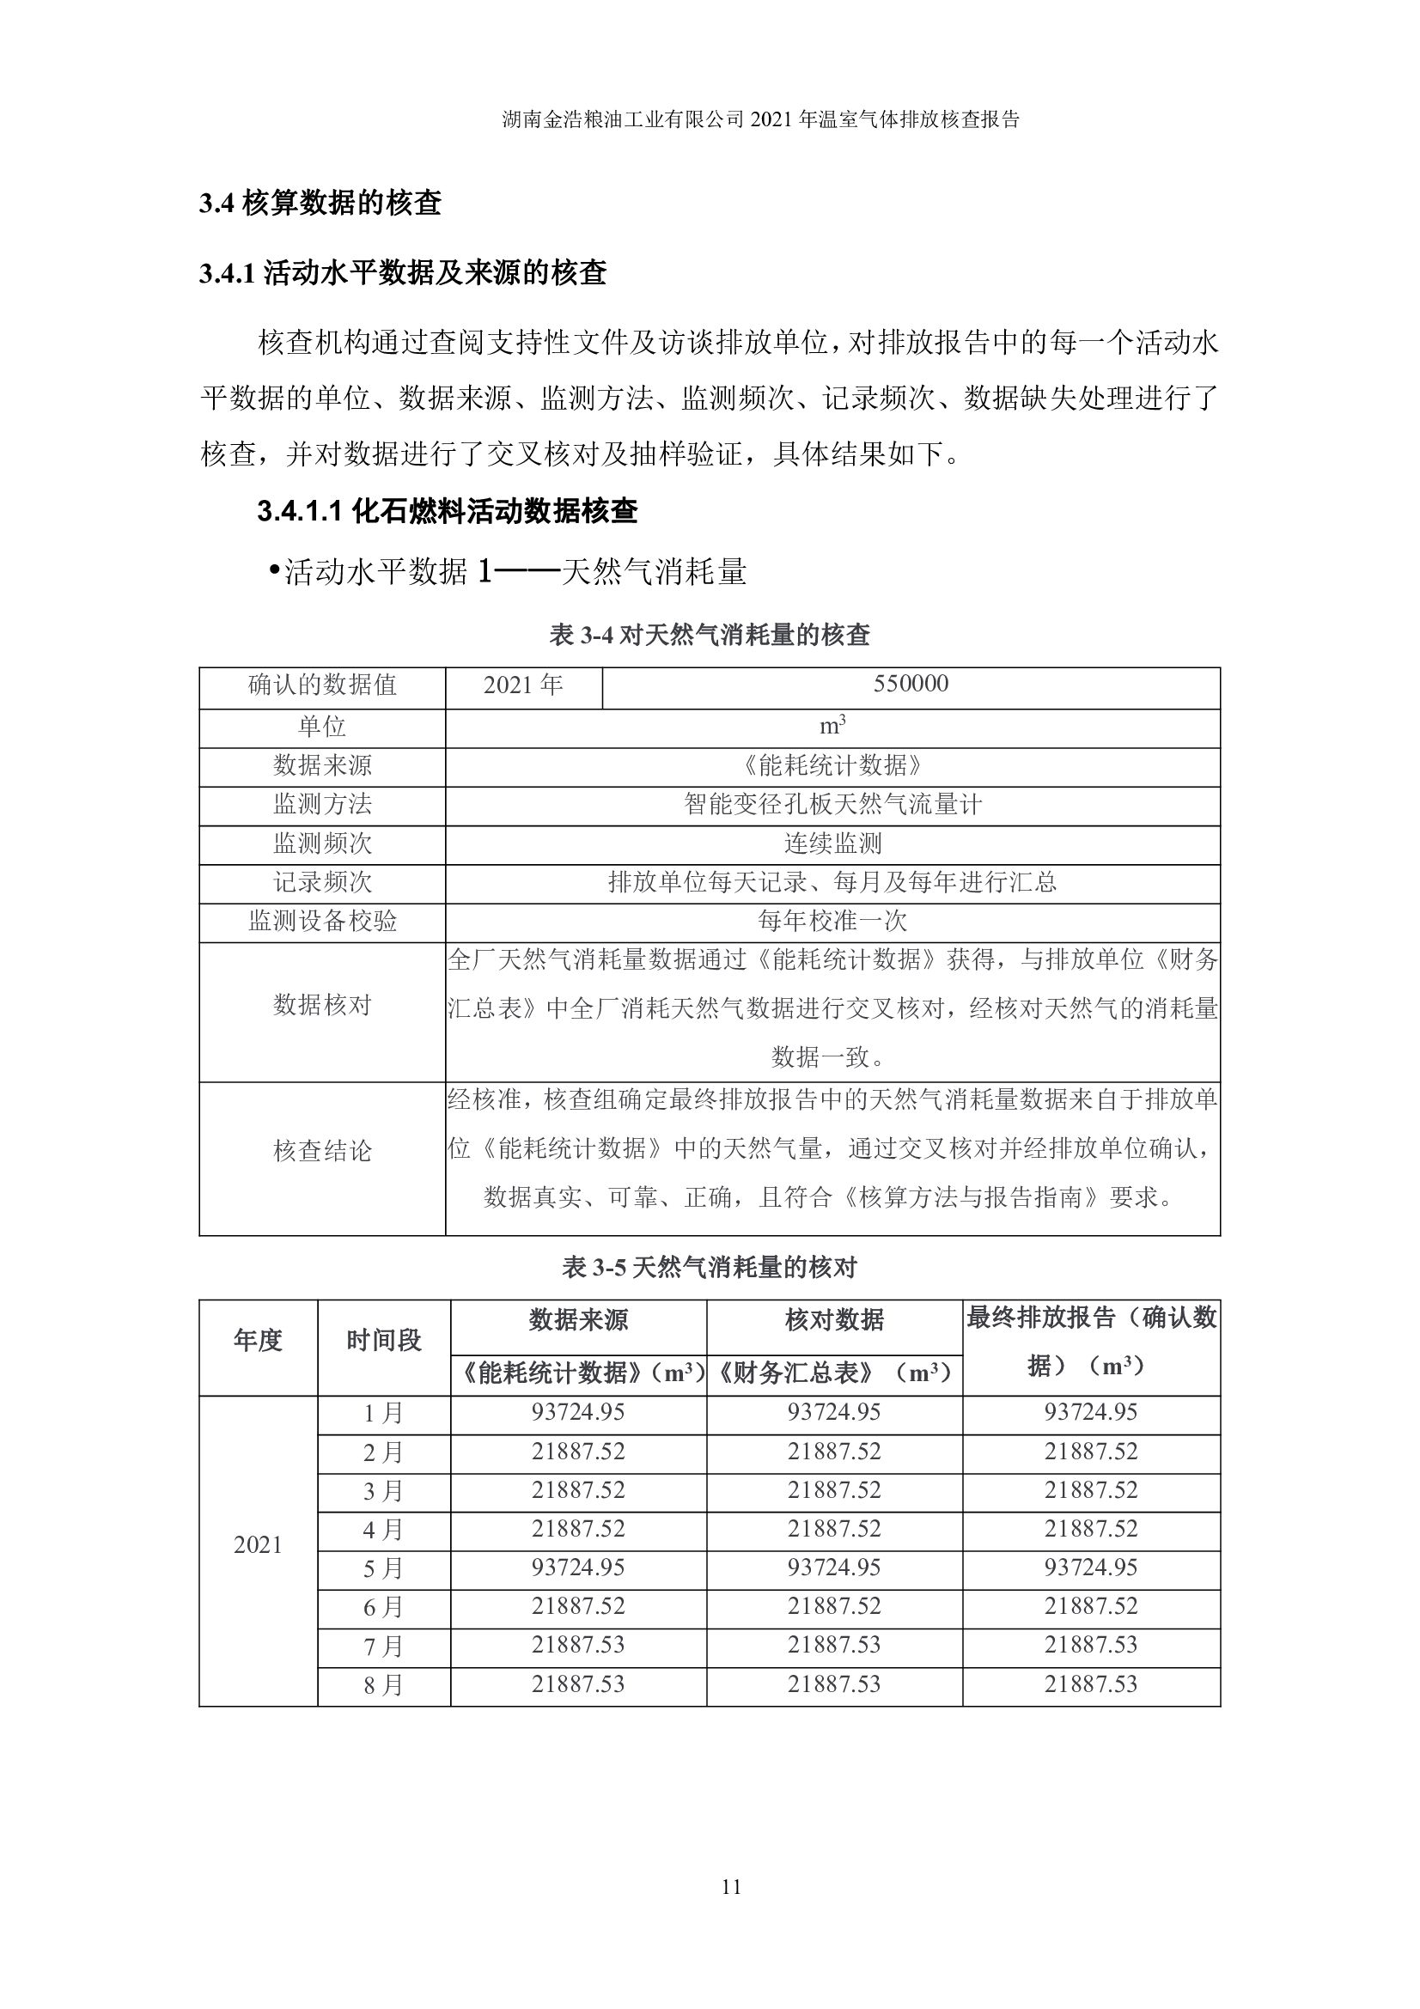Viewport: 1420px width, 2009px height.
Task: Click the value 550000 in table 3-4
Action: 910,685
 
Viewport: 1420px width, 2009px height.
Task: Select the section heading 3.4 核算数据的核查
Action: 320,203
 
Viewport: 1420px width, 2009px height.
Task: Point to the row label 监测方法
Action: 322,804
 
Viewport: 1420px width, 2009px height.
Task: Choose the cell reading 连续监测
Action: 832,843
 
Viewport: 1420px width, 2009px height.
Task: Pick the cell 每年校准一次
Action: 832,921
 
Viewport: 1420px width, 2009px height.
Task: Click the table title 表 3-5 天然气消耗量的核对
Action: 709,1267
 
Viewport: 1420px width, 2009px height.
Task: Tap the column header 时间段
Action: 383,1341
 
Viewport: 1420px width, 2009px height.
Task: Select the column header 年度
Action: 258,1341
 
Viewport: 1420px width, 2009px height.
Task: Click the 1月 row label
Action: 383,1413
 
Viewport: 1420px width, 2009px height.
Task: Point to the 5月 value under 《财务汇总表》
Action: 834,1568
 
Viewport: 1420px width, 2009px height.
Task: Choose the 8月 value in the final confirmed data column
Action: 1090,1684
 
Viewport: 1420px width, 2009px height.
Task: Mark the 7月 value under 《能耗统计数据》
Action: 578,1645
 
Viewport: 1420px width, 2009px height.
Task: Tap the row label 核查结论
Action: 322,1152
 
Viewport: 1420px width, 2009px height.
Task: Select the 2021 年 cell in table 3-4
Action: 523,685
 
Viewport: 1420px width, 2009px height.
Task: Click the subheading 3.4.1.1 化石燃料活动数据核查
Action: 447,511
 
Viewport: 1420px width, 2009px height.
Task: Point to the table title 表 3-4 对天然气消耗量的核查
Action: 709,636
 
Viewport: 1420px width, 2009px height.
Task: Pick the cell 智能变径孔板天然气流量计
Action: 832,804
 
